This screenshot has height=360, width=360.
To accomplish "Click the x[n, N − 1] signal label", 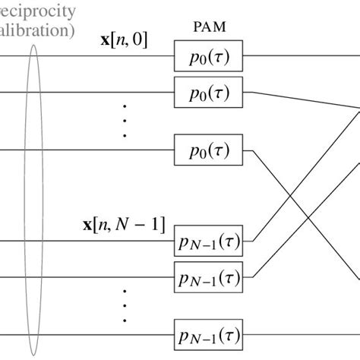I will tap(123, 225).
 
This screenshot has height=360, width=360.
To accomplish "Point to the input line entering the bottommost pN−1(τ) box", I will tap(91, 334).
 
